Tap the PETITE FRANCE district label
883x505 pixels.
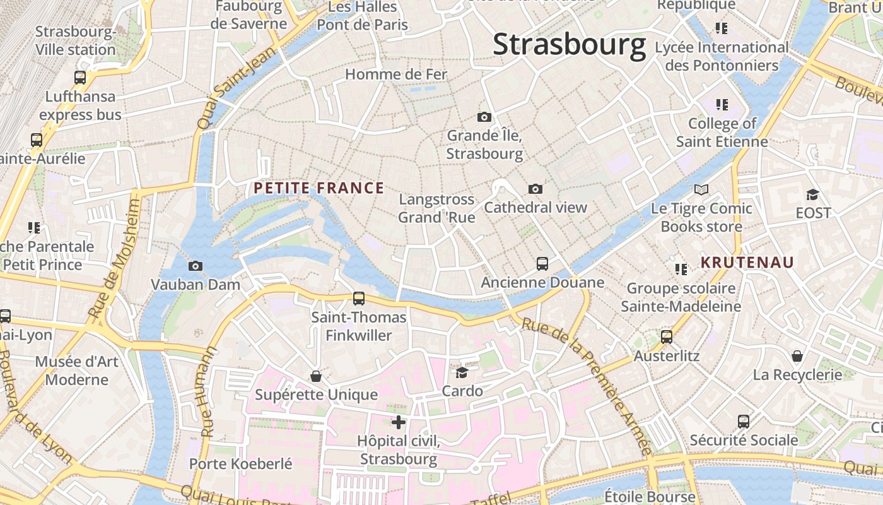coord(319,188)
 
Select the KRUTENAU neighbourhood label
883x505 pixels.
coord(747,263)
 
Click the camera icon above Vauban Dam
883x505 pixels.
coord(196,266)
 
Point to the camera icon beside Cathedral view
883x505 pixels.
coord(535,189)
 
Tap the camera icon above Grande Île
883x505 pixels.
coord(484,117)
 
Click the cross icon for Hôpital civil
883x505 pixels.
coord(399,422)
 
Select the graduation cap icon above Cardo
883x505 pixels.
coord(462,372)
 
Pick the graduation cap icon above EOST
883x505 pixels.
coord(812,194)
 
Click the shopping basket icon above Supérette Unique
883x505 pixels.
coord(316,376)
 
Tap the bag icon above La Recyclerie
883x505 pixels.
coord(797,356)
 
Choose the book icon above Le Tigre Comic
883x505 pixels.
coord(701,189)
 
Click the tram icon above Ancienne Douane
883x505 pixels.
coord(542,264)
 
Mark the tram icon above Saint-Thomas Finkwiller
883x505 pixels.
coord(358,298)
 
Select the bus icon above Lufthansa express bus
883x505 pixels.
coord(80,78)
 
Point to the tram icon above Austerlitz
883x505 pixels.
coord(667,337)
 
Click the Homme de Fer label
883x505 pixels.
coord(396,74)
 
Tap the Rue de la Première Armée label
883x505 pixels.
coord(586,385)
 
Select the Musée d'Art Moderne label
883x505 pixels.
coord(76,371)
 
